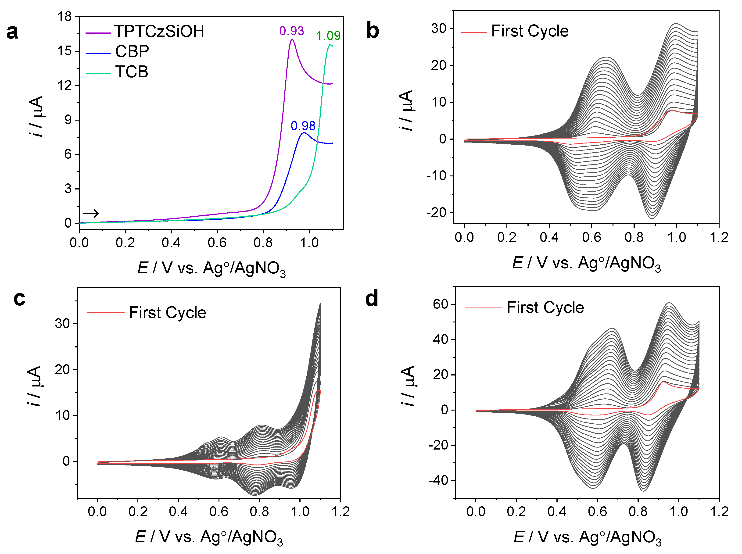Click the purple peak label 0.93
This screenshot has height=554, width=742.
(291, 31)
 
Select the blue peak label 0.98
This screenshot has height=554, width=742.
(303, 126)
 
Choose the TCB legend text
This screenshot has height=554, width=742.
(132, 72)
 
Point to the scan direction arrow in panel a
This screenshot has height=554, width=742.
(91, 213)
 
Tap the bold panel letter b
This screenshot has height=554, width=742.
(372, 31)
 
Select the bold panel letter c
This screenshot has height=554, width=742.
(19, 298)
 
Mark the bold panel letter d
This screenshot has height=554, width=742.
(372, 298)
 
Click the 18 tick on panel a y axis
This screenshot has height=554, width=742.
(65, 16)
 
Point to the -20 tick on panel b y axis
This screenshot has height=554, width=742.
(436, 213)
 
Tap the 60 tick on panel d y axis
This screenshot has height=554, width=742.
(441, 304)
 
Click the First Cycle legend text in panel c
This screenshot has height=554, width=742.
(167, 313)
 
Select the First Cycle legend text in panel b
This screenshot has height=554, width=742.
(530, 31)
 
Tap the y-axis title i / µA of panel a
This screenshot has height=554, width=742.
(36, 117)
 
